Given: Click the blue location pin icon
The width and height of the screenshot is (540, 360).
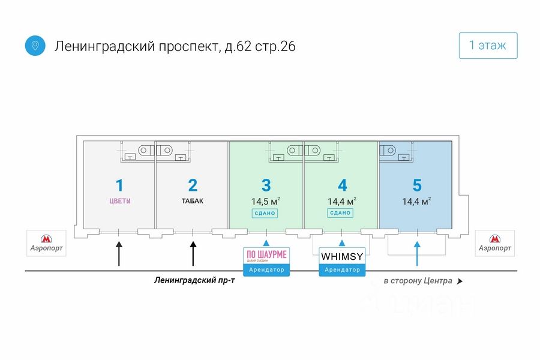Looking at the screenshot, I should point(35,46).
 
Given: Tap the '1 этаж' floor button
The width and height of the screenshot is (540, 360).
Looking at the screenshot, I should point(488,45).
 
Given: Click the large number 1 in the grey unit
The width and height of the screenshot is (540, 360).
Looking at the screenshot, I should point(119,185).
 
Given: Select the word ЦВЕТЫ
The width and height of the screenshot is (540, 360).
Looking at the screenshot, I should point(119,201).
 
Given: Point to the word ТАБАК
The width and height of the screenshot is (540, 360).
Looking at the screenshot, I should point(192,201).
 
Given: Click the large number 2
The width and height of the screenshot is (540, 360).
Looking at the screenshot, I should point(192,185).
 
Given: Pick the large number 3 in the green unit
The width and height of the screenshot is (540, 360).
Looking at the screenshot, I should point(266,185).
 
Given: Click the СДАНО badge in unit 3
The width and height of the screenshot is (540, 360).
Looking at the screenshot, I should point(265,213).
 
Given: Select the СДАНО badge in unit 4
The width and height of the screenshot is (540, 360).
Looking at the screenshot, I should point(340,213).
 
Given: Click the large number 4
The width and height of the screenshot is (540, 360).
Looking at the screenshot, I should point(342,185).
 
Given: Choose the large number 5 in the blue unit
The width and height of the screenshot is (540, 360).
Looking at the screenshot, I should point(416,185).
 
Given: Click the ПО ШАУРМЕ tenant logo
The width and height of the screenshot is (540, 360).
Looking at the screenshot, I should point(266,256).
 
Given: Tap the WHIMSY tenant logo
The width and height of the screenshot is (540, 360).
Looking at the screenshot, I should point(342,256).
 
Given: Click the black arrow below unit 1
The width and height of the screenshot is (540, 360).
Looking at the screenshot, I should point(119,253).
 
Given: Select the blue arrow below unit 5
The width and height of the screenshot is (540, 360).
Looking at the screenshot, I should point(417,253).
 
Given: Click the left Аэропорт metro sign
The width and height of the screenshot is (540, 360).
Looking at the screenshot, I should point(45,242).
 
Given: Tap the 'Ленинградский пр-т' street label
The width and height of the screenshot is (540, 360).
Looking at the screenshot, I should point(194,280).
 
